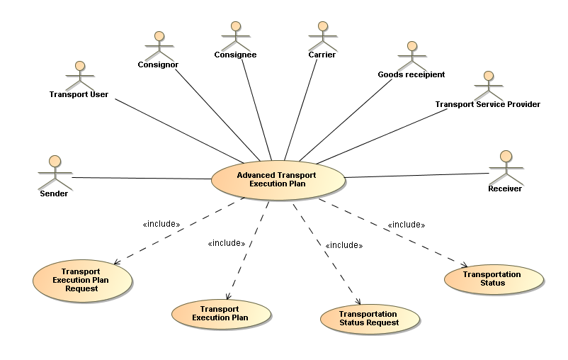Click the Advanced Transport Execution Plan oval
click(278, 179)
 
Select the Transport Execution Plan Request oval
click(81, 280)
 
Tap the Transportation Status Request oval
click(368, 318)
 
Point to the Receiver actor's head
click(506, 156)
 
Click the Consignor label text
click(158, 64)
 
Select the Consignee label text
click(235, 55)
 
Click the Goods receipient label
click(411, 74)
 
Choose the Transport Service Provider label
click(487, 104)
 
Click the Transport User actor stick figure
click(79, 75)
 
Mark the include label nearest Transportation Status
click(406, 225)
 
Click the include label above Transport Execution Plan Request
click(161, 225)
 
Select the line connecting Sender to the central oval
click(142, 178)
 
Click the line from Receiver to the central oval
click(418, 174)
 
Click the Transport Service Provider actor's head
click(487, 75)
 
